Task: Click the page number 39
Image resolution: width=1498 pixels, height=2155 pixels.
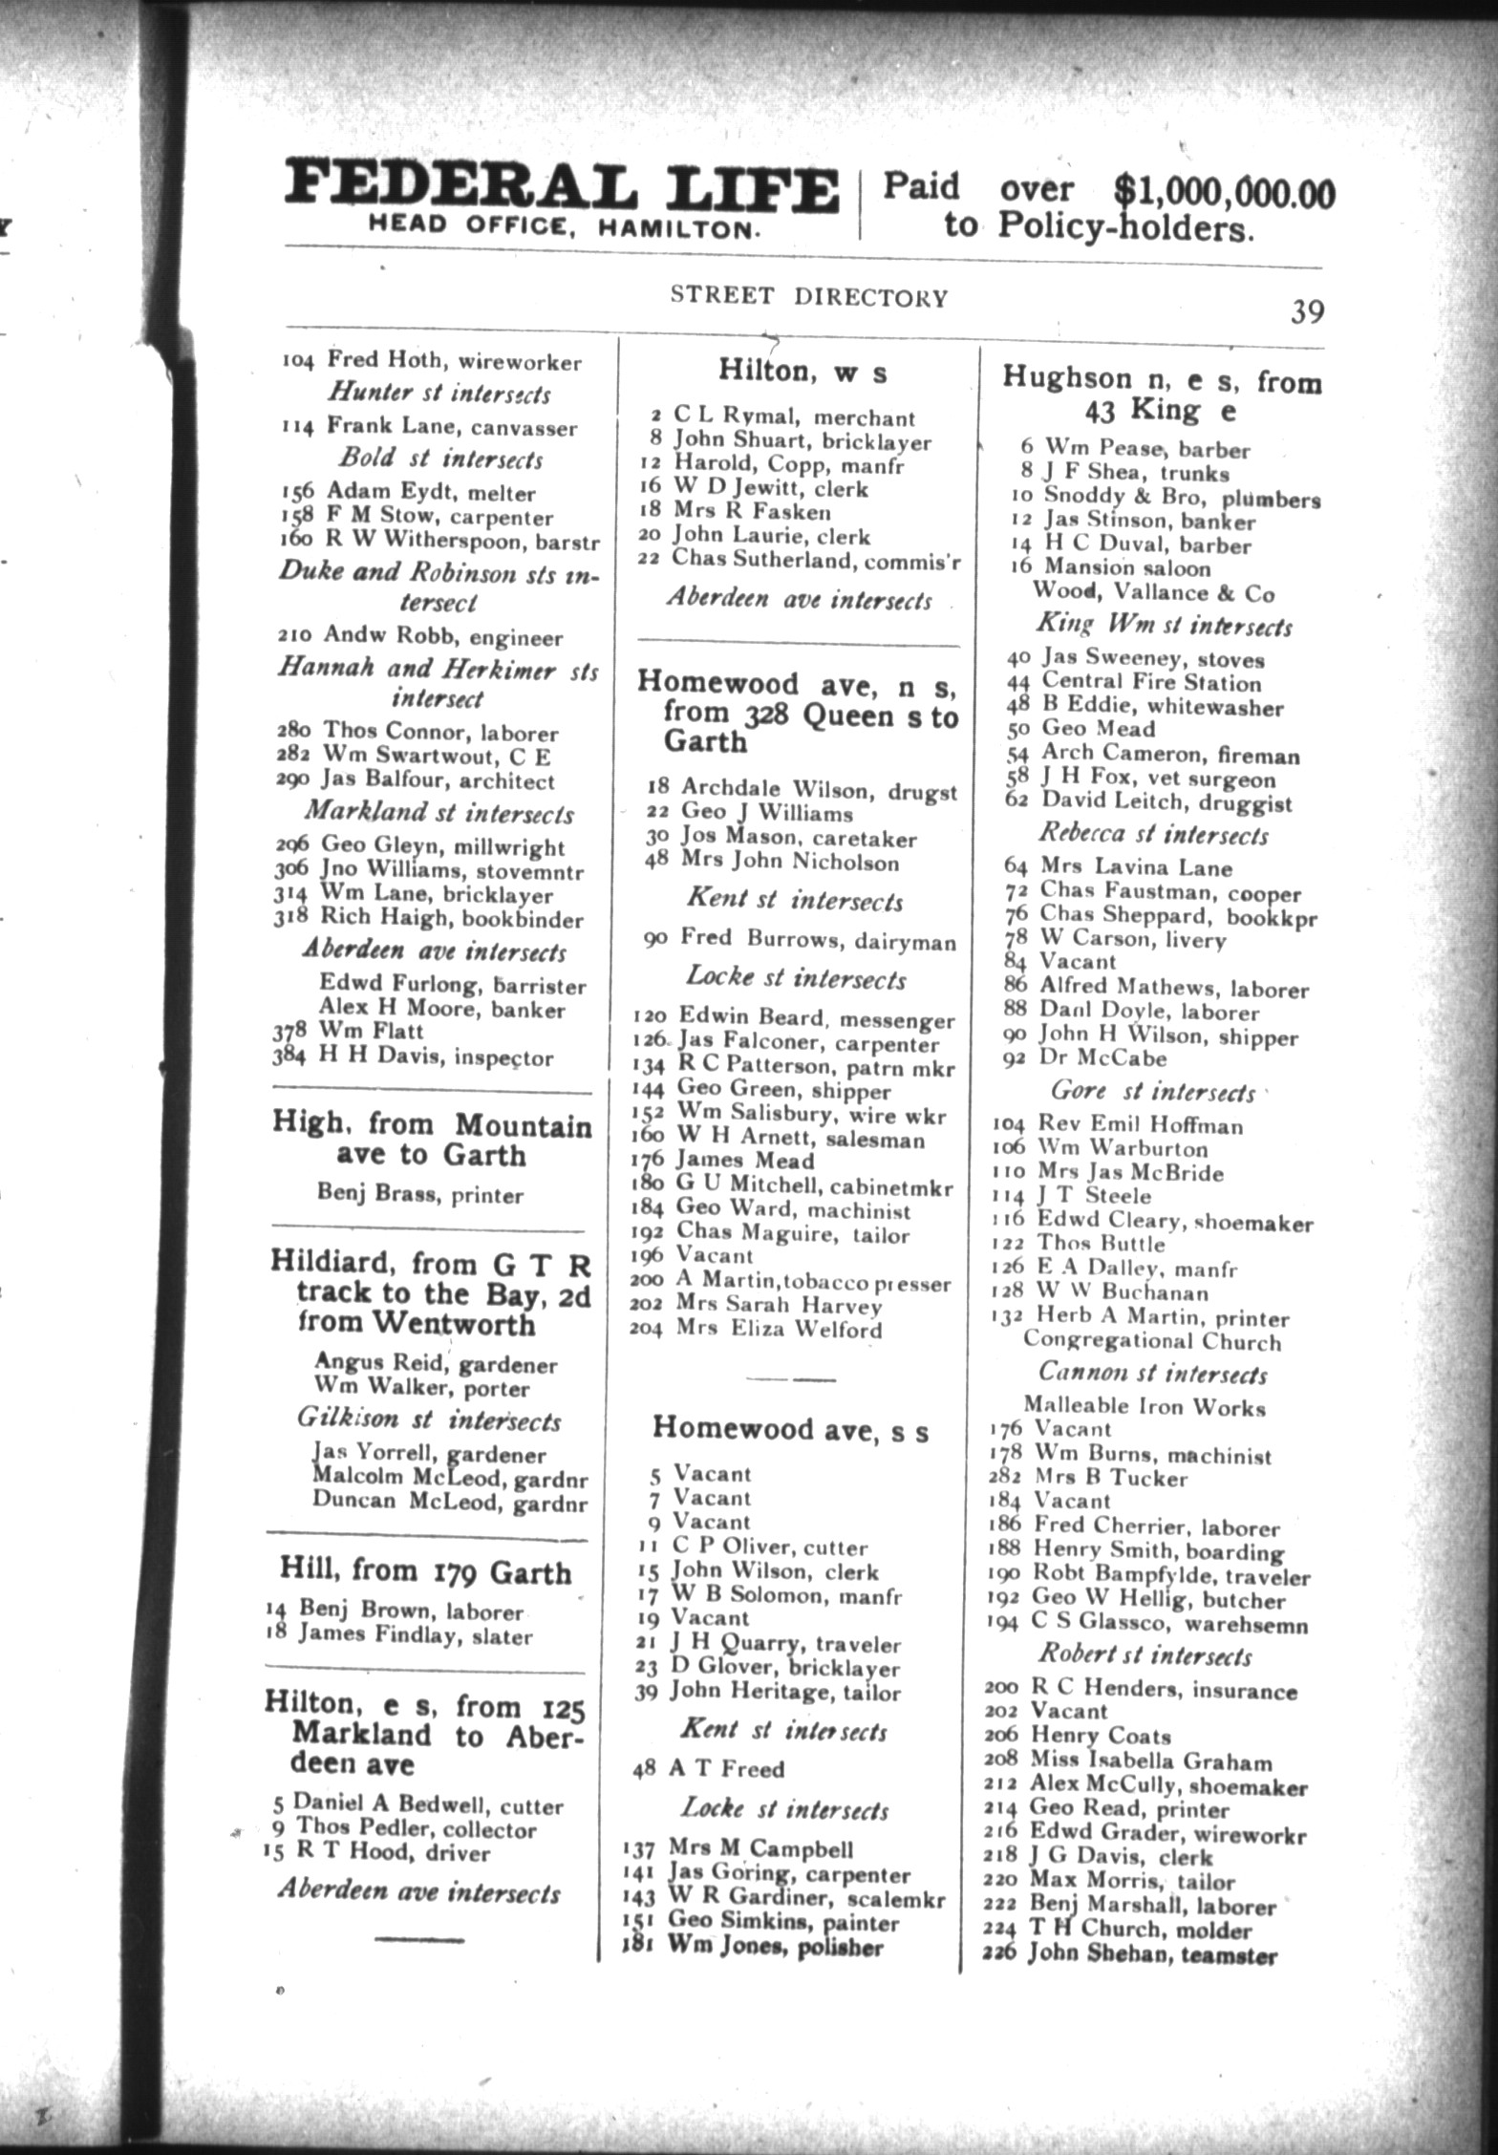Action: click(1306, 311)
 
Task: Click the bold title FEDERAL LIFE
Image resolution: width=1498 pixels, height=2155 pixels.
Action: click(562, 190)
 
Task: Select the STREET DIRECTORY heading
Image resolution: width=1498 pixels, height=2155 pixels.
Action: click(808, 296)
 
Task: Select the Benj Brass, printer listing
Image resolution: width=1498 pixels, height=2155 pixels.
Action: click(419, 1195)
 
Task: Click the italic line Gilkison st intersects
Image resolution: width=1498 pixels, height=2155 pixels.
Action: click(427, 1419)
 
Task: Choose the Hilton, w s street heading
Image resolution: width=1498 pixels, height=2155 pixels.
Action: click(802, 371)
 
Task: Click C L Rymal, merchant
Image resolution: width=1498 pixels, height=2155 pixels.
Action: click(781, 417)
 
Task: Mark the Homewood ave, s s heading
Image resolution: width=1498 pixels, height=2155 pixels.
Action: click(789, 1430)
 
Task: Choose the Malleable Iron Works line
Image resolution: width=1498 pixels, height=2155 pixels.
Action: click(1144, 1407)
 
